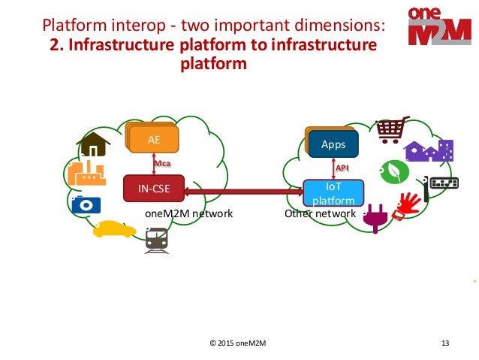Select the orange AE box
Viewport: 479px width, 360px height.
tap(153, 140)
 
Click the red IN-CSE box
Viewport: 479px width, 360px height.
tap(153, 189)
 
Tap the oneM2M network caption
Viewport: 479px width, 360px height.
tap(188, 214)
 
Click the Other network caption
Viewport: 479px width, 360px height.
tap(320, 214)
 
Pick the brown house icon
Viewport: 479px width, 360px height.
tap(93, 145)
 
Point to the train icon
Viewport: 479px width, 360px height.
tap(156, 240)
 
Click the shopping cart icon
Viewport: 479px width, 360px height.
tap(391, 129)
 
